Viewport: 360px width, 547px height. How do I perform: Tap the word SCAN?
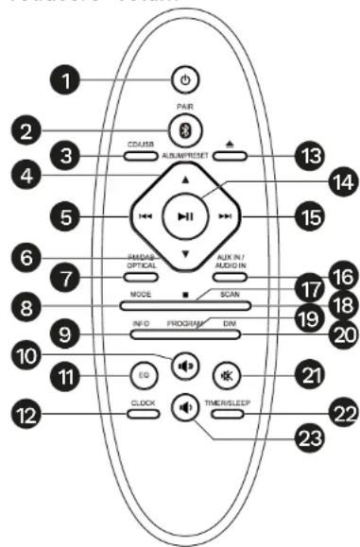pyautogui.click(x=230, y=295)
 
